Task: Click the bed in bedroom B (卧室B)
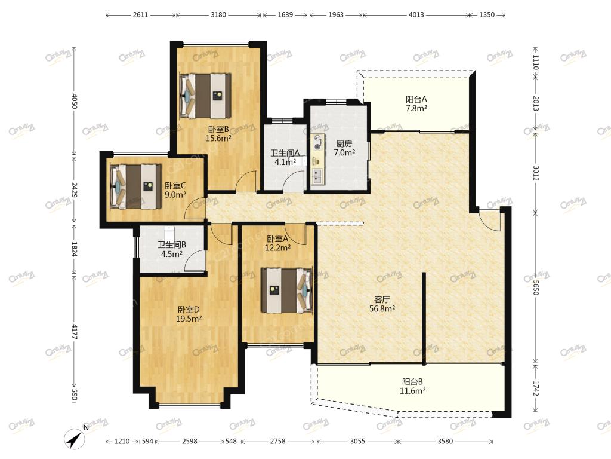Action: point(205,96)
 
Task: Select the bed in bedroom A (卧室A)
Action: point(287,290)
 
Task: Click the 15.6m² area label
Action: point(218,138)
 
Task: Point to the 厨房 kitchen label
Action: point(344,143)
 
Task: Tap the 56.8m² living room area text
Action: point(382,309)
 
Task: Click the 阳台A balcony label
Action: point(416,99)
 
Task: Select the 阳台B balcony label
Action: point(412,382)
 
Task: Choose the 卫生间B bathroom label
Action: point(172,244)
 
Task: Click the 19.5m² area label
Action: point(189,319)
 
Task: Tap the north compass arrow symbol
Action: point(75,439)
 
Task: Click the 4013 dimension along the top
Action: point(416,15)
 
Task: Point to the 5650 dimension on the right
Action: point(536,287)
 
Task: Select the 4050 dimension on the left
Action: point(74,101)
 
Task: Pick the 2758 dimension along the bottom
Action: point(278,442)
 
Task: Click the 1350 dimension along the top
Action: point(487,15)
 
